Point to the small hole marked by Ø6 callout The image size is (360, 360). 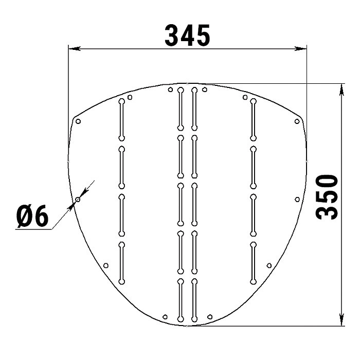coord(78,199)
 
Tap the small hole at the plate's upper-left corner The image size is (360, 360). coord(78,122)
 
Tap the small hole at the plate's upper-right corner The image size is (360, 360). coord(297,121)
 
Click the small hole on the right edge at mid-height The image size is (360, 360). coord(297,199)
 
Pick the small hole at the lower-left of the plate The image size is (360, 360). coord(106,265)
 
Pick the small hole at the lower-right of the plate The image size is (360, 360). coord(269,265)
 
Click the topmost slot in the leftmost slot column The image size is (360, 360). coord(122,119)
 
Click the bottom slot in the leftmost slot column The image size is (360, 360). coord(122,262)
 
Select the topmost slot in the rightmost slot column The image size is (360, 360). coord(253,119)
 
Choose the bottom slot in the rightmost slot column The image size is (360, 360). coord(253,262)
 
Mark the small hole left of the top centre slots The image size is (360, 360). coord(170,90)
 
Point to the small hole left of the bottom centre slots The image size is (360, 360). coord(165,316)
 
